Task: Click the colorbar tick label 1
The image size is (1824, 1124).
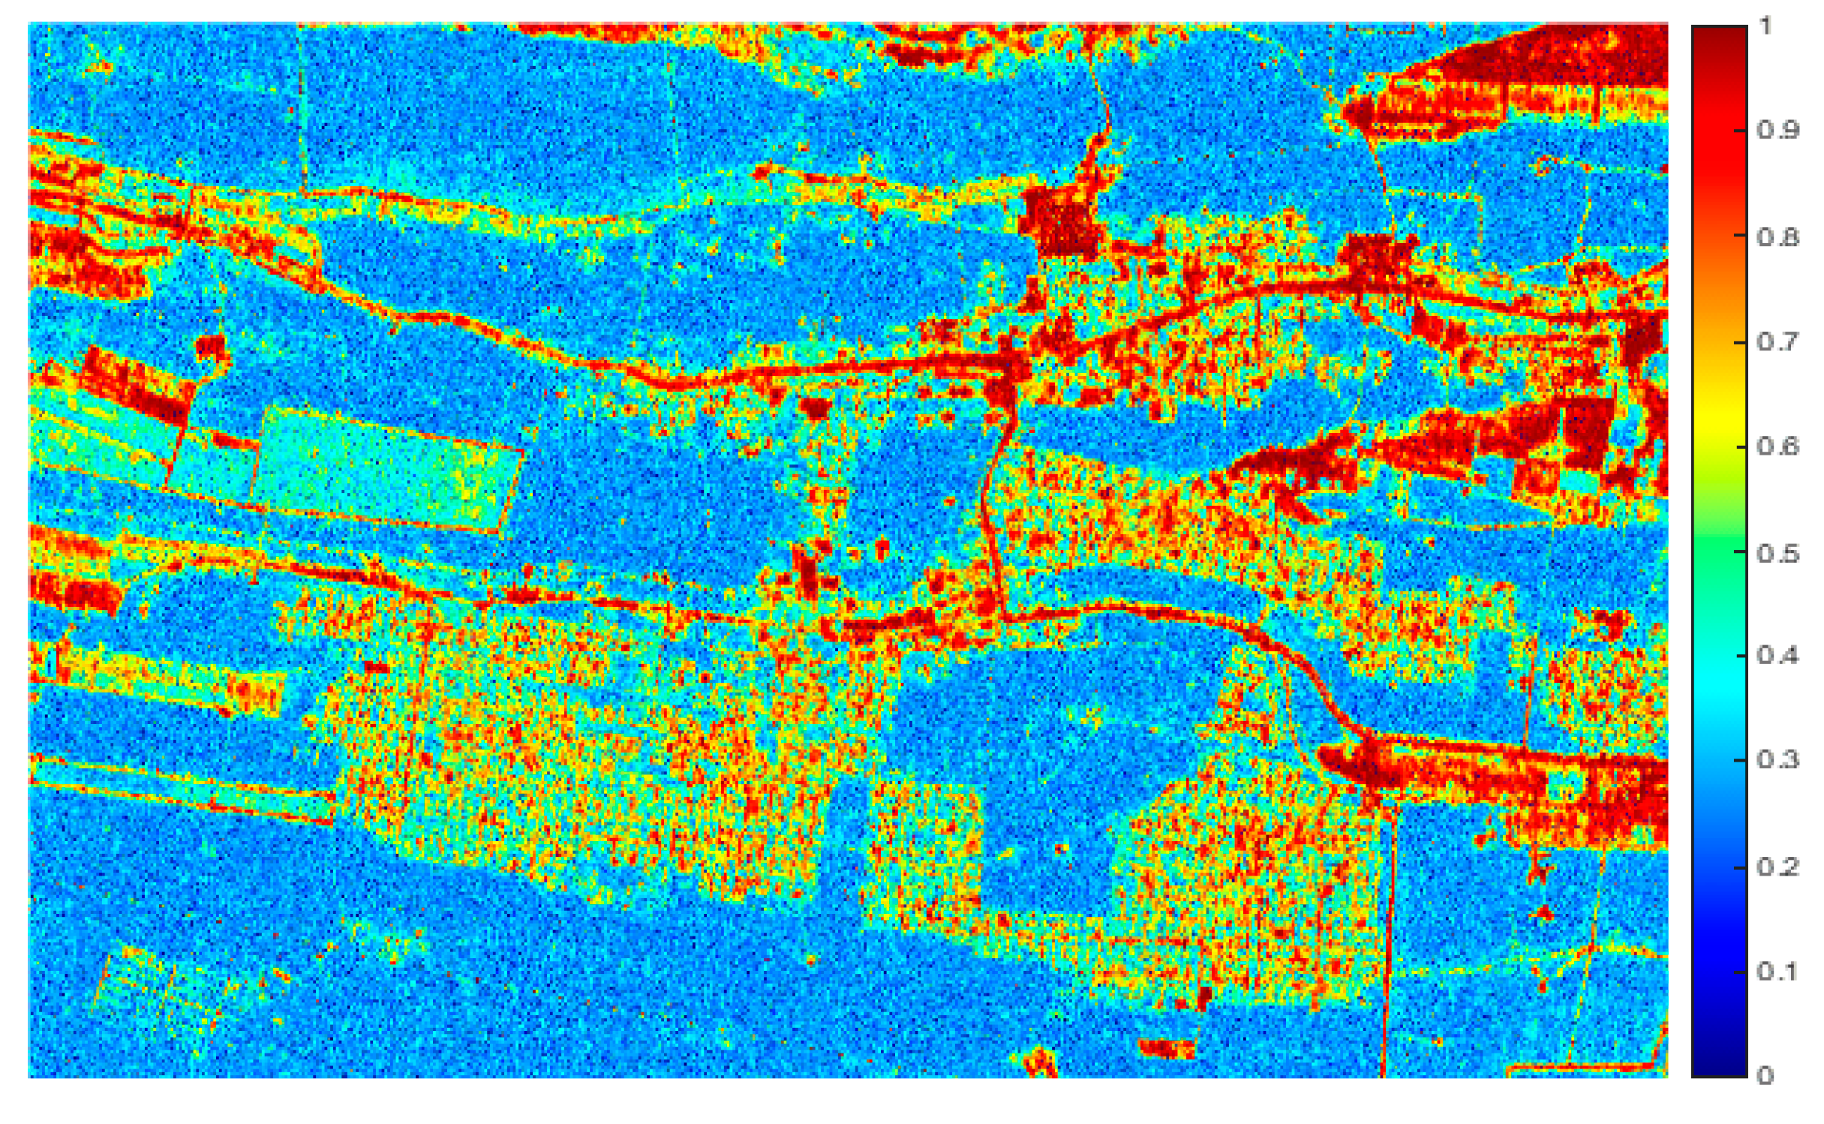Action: click(x=1766, y=26)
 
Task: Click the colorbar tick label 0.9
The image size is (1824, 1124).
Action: click(x=1777, y=130)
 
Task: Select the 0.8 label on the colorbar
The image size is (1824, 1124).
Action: click(x=1777, y=237)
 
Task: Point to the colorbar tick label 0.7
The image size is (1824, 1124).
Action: click(x=1777, y=342)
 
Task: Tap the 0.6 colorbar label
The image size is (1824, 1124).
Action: click(x=1777, y=446)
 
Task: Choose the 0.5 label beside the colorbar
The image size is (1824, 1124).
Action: click(x=1777, y=554)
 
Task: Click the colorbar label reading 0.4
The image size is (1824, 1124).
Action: click(x=1777, y=656)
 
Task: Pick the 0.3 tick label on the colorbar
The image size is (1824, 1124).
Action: click(x=1777, y=760)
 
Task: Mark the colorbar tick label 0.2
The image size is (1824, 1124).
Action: click(x=1777, y=867)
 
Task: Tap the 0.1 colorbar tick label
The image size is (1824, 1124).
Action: click(x=1777, y=972)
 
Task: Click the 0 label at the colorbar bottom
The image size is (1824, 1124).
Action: click(x=1765, y=1075)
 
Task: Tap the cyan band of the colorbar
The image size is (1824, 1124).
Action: click(x=1719, y=683)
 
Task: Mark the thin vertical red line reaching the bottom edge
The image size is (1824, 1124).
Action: click(x=1387, y=975)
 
